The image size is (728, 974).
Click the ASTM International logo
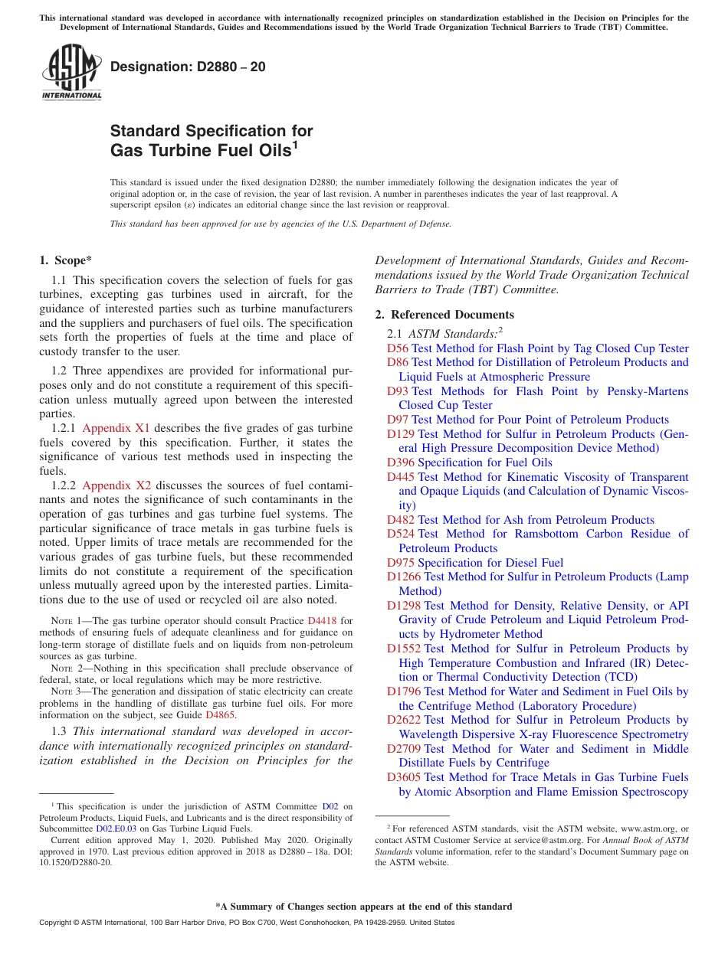[x=71, y=72]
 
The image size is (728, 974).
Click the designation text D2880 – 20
[x=188, y=67]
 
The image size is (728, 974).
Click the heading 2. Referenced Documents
[x=444, y=315]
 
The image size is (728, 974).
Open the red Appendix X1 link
[x=116, y=428]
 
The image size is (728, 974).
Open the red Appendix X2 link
[x=116, y=485]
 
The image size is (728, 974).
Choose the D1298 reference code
[x=403, y=606]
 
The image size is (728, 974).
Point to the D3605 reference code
[x=403, y=777]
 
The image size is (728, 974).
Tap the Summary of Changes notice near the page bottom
[x=364, y=907]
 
